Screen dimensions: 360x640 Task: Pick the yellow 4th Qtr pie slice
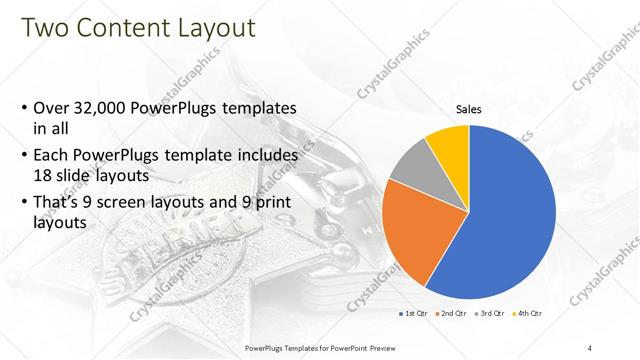click(447, 145)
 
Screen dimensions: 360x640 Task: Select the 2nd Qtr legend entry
click(453, 313)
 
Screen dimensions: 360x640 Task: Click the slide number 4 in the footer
click(590, 347)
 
